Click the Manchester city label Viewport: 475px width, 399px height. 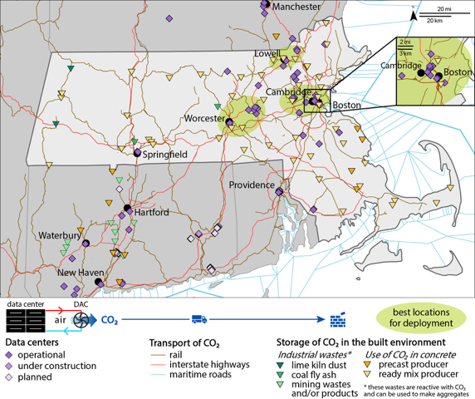pos(296,7)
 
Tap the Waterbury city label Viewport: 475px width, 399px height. pos(60,236)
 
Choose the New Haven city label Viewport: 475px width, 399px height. pos(80,273)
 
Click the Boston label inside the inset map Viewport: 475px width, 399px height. pos(458,72)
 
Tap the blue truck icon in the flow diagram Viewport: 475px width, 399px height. pos(200,318)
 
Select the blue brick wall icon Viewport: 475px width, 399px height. pos(337,319)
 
